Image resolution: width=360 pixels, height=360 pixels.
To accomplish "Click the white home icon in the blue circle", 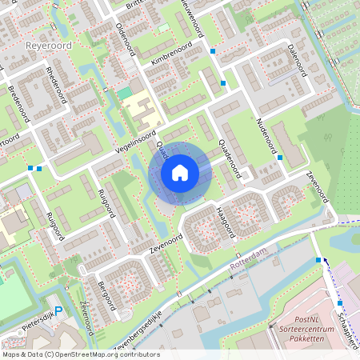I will point(180,172).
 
